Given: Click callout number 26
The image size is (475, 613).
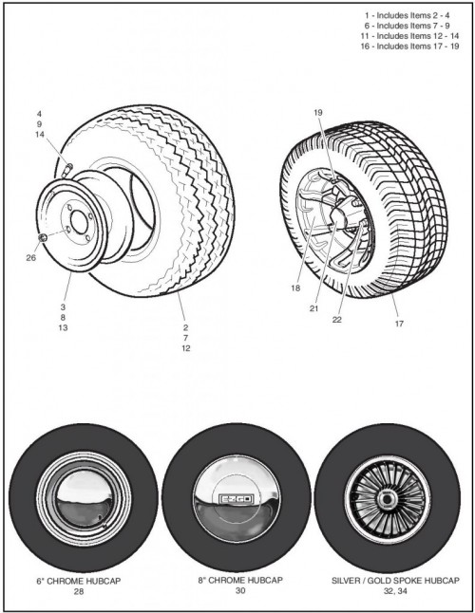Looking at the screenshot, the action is coord(31,258).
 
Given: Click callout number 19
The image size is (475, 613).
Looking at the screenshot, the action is coord(318,113).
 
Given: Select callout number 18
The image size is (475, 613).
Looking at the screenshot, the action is coord(295,288).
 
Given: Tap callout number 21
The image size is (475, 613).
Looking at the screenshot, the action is coord(314,308).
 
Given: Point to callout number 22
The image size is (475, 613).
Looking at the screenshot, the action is coord(337,320).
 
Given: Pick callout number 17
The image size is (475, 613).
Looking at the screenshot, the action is coord(399,324).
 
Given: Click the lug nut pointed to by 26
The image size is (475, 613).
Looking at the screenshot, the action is coord(43,237).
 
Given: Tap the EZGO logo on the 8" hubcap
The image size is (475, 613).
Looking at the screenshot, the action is coord(237,499).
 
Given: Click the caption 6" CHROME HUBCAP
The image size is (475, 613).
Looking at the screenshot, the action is coord(78,581).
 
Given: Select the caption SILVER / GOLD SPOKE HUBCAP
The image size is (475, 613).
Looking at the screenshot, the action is coord(395,580).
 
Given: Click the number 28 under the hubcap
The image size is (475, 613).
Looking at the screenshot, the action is coord(79,591).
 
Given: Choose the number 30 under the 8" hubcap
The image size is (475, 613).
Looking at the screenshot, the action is coord(240,590).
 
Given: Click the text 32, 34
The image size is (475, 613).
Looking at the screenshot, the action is coord(395,591).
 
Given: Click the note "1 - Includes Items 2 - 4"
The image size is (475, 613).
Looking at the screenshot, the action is coord(407,15).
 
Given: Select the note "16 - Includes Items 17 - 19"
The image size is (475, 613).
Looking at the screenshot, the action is coord(409,46).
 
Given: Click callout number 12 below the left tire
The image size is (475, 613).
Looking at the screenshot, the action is coord(186,348).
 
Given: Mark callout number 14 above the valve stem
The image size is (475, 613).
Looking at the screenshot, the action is coord(40,134).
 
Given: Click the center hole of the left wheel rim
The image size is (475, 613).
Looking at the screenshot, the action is coord(79,222).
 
